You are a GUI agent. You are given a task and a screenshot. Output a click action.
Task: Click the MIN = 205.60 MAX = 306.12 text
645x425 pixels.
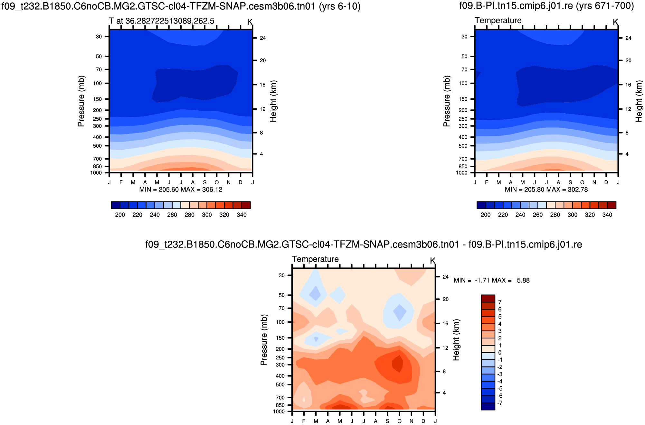click(181, 189)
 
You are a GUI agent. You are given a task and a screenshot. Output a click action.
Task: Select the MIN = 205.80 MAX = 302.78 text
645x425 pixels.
click(546, 189)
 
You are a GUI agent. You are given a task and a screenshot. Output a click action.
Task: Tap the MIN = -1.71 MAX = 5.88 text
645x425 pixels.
click(491, 280)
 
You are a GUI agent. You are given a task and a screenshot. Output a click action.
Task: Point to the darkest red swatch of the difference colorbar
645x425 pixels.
click(488, 298)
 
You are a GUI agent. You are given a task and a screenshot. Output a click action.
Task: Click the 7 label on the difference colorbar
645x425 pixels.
click(500, 302)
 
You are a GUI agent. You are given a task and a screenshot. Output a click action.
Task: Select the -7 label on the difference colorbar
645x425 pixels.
click(499, 403)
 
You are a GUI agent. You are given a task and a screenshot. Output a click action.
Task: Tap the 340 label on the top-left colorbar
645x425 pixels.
click(242, 215)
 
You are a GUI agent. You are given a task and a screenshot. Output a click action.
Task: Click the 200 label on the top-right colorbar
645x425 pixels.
click(485, 215)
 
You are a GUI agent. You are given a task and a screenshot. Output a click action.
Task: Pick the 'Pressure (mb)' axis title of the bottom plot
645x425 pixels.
click(264, 340)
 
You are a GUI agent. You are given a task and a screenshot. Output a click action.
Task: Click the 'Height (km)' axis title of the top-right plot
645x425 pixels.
click(639, 101)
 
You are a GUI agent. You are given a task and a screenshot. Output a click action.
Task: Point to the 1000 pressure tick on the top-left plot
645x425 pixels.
click(96, 173)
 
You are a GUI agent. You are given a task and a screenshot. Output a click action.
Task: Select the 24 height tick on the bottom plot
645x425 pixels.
click(445, 277)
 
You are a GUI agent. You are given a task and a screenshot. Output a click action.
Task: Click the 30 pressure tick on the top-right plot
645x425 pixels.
click(464, 37)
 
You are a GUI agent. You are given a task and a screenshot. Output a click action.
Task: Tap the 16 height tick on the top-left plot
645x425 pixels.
click(263, 85)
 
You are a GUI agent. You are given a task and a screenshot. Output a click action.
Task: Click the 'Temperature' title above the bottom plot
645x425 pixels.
click(315, 259)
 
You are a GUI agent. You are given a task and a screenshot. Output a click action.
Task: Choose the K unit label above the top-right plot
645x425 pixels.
click(615, 22)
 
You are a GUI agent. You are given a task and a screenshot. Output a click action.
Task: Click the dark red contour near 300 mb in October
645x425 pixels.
click(398, 364)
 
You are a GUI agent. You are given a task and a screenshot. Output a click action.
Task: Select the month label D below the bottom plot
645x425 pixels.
click(423, 421)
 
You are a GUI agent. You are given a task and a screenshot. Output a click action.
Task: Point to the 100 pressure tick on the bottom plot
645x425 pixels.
click(280, 322)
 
